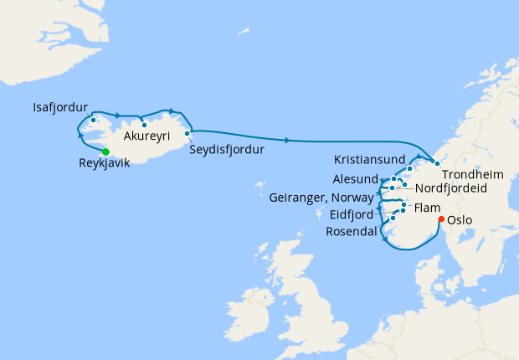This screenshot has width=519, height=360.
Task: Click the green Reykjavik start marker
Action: pos(105,152)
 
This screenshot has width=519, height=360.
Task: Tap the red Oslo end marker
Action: pos(441,219)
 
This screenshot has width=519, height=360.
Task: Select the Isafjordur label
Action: pos(60,108)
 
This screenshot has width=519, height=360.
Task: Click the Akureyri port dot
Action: pos(144,125)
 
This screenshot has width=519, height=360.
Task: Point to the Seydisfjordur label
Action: pos(227,150)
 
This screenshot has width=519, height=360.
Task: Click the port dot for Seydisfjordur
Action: pos(188,132)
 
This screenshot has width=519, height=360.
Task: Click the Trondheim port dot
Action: pos(436,162)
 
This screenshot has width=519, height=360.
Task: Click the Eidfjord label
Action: pos(351,214)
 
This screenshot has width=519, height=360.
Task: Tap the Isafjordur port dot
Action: pos(94,119)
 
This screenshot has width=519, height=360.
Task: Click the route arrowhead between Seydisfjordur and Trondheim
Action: pos(288,139)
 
